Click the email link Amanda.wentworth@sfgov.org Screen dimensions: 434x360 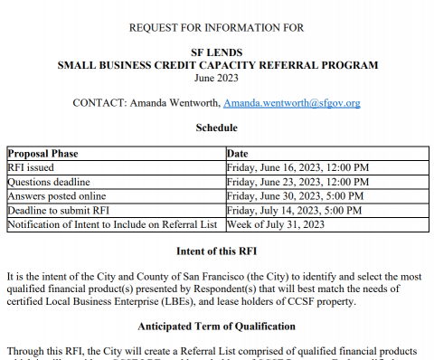point(291,103)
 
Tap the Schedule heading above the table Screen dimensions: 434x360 point(217,128)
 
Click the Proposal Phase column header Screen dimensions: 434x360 point(41,154)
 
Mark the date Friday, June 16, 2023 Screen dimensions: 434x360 point(298,167)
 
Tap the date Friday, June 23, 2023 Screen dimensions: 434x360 point(298,182)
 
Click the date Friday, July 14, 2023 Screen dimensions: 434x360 point(296,210)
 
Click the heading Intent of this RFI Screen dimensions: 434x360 point(217,248)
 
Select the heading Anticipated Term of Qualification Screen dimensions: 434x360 point(217,325)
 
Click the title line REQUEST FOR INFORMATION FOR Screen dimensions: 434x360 point(217,28)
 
